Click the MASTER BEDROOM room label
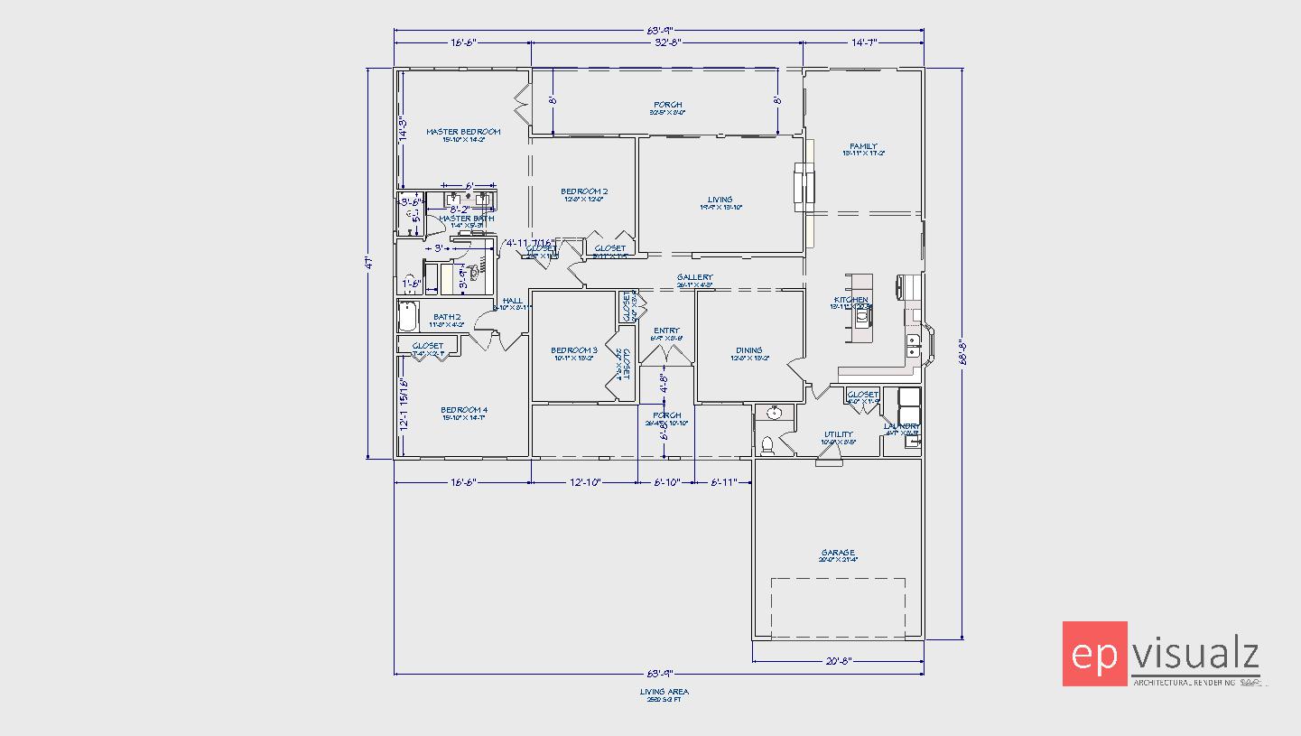point(462,132)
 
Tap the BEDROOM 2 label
point(584,191)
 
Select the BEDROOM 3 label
point(574,350)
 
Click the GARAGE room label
point(838,553)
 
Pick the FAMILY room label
point(863,146)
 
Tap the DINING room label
point(748,350)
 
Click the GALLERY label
point(695,278)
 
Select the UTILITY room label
point(838,434)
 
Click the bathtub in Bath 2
point(408,317)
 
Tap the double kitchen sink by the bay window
point(915,347)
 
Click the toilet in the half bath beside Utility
point(768,444)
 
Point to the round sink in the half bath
point(773,414)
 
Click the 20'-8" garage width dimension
point(838,662)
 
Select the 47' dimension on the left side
point(368,264)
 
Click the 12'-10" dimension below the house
point(584,483)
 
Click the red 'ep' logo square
point(1095,654)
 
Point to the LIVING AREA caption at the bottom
point(664,692)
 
